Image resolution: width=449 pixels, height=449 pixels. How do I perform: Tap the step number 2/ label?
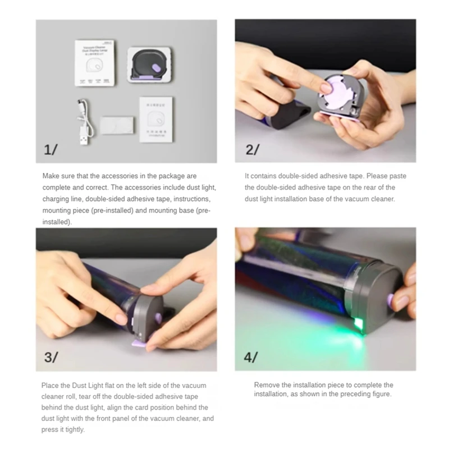click(252, 149)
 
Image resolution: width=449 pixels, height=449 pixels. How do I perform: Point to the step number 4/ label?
click(252, 357)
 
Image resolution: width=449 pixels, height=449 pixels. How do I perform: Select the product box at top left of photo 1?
click(95, 63)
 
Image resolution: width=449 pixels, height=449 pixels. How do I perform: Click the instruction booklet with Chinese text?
click(157, 117)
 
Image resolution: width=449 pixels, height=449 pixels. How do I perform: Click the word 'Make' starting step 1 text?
click(52, 176)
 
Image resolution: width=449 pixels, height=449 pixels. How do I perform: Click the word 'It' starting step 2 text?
click(248, 176)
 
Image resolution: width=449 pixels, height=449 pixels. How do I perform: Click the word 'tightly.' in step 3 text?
click(74, 430)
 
